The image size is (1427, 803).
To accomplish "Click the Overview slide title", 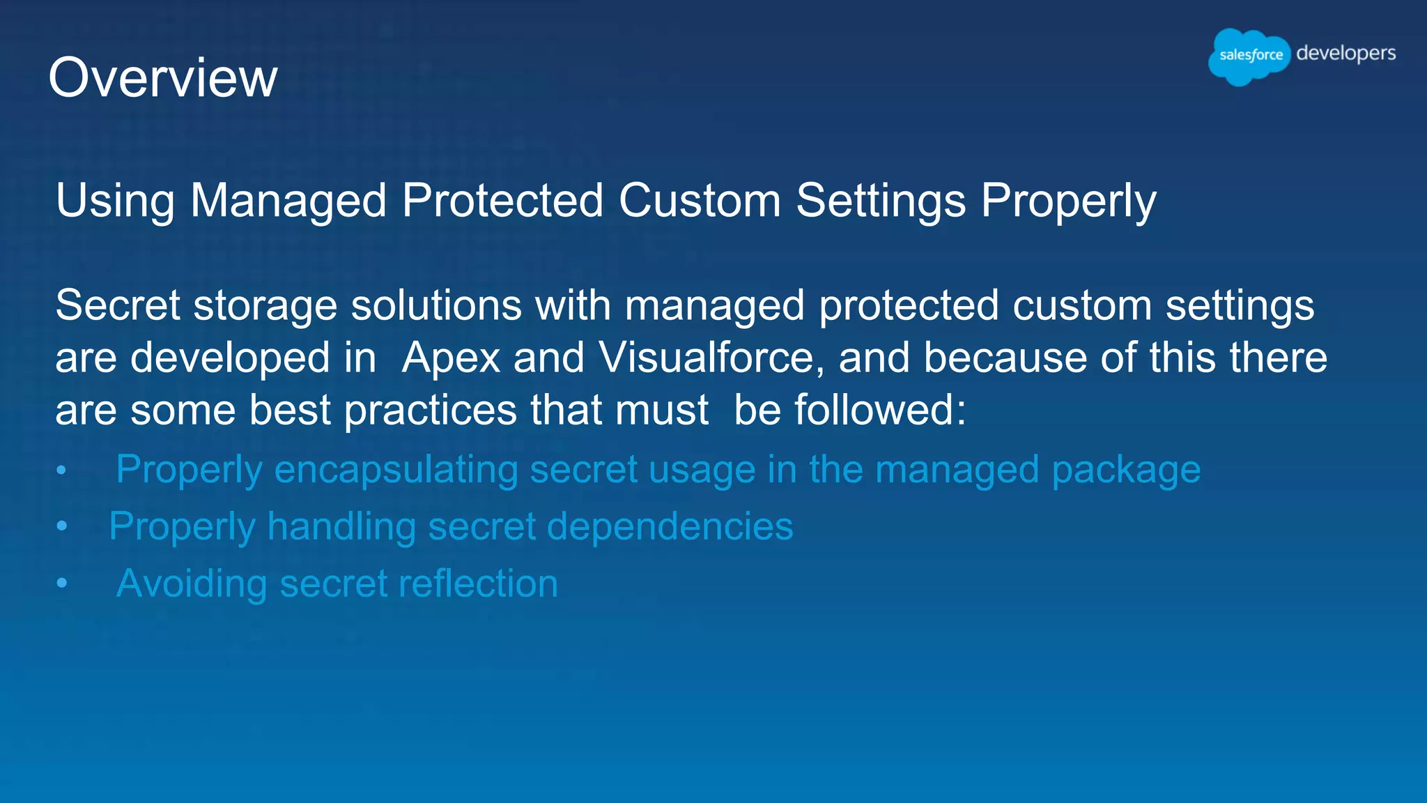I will [163, 78].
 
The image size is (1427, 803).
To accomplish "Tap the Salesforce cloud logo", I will [1249, 56].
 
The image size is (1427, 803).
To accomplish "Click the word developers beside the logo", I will [1345, 54].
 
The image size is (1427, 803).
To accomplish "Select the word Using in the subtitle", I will [115, 201].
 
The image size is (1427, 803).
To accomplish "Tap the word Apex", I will [451, 358].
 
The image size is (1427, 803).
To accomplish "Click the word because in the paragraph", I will [1004, 358].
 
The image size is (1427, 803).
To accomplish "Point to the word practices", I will [431, 410].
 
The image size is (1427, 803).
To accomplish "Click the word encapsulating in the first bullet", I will [396, 470].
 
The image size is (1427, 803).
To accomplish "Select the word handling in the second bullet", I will [341, 526].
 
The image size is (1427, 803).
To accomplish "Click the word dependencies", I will [670, 526].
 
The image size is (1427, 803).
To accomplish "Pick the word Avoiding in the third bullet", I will [192, 583].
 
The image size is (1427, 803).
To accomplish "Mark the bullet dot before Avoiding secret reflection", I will [62, 583].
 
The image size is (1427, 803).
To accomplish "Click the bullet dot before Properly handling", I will [62, 526].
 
